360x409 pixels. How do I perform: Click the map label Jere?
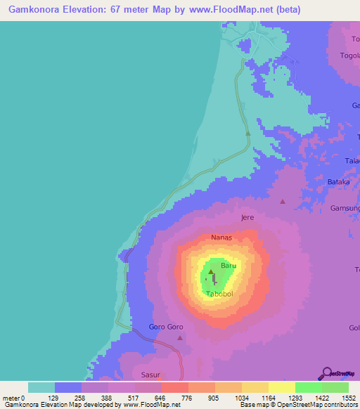247,218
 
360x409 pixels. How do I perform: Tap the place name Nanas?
221,238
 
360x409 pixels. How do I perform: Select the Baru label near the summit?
229,266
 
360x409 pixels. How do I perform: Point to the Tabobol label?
219,294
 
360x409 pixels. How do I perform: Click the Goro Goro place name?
166,327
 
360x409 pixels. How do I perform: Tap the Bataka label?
338,182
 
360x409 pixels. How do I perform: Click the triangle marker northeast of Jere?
283,202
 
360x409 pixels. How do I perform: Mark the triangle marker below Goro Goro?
180,338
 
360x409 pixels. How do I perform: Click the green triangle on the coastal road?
247,132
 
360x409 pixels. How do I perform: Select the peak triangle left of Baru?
211,271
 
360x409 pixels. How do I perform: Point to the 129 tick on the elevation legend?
55,398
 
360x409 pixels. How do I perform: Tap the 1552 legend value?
349,398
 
